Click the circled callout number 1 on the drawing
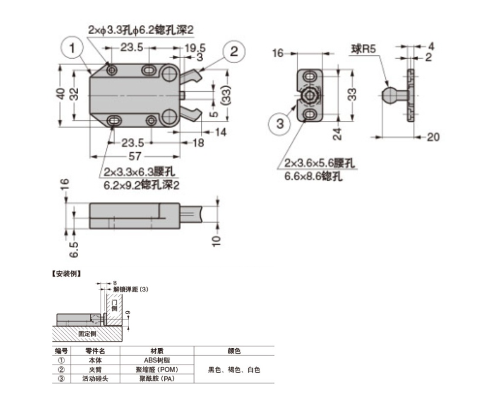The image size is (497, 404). point(72,49)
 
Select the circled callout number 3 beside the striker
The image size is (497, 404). point(280,123)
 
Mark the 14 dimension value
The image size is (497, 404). point(220,132)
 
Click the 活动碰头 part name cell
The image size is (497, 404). point(95,378)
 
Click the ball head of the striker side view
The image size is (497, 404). point(390,94)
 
